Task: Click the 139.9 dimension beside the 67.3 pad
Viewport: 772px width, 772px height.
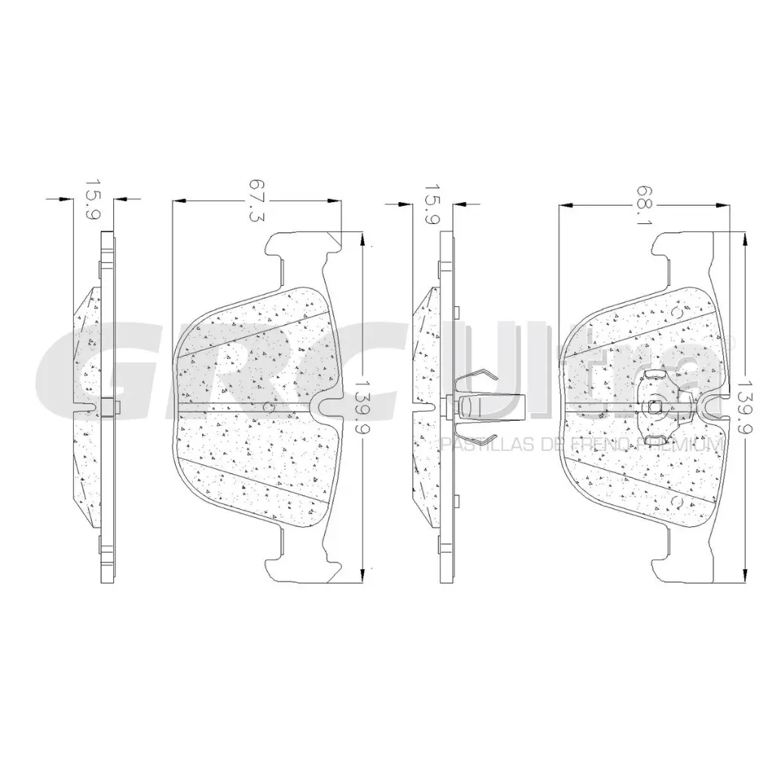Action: point(363,405)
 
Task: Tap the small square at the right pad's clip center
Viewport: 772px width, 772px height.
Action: point(654,406)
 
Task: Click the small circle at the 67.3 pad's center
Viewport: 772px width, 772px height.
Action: point(269,406)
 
